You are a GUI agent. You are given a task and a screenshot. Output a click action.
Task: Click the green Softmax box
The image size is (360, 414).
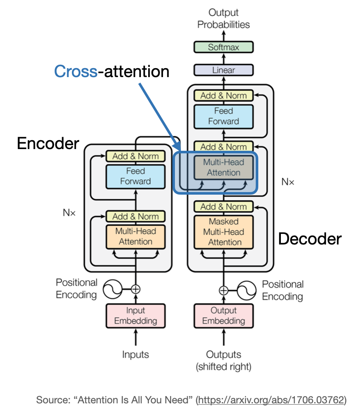(x=223, y=47)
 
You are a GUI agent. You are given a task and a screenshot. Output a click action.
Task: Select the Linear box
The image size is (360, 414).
(x=223, y=70)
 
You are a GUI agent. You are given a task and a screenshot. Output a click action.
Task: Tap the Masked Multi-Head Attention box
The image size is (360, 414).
(x=223, y=232)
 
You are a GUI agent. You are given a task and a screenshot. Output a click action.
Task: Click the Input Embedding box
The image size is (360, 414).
(x=135, y=316)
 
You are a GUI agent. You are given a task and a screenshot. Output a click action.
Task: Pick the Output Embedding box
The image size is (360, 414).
(x=223, y=316)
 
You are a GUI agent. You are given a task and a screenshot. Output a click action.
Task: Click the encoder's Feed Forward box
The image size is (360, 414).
(x=135, y=176)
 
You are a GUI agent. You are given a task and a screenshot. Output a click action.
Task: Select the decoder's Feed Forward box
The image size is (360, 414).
(x=223, y=116)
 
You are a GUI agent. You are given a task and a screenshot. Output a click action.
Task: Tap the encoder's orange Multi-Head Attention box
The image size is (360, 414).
(x=135, y=236)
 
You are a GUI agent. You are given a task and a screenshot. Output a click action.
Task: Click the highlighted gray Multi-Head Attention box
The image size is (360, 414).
(x=223, y=167)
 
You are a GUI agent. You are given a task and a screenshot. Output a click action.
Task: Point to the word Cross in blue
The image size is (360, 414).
(x=76, y=72)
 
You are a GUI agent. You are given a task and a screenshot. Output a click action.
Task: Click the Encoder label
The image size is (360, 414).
(x=48, y=144)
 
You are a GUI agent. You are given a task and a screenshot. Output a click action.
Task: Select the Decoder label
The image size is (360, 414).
(x=310, y=239)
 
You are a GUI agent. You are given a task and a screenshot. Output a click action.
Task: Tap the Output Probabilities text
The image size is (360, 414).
(x=223, y=18)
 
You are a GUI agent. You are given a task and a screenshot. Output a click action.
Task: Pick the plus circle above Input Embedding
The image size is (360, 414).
(x=135, y=289)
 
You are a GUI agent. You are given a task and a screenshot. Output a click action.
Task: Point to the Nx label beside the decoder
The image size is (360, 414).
(x=288, y=182)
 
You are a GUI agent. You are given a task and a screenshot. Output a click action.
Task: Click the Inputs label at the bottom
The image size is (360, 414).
(x=135, y=354)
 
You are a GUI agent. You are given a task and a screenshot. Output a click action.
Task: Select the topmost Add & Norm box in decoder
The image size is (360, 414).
(x=223, y=95)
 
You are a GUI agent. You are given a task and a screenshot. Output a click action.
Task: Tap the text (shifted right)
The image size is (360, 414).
(x=223, y=366)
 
